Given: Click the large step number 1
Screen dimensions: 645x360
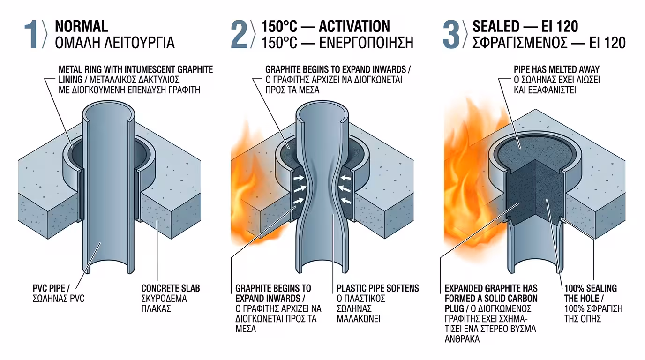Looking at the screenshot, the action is (30, 34).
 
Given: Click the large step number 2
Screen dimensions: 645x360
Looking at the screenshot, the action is (239, 34).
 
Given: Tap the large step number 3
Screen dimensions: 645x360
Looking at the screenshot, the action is (451, 34).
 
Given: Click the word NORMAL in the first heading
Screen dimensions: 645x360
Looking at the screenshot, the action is (82, 26).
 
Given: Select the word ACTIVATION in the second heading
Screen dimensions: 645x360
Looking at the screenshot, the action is (354, 26).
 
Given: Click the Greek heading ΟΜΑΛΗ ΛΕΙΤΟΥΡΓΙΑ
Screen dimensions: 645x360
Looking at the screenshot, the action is (114, 43).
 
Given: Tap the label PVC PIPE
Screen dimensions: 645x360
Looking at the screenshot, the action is (51, 288).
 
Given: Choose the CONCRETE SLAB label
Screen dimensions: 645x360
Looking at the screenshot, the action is (171, 288).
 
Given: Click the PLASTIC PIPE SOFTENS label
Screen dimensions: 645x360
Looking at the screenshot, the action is (378, 288).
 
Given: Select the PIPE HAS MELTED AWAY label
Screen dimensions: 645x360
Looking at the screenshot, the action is (556, 69).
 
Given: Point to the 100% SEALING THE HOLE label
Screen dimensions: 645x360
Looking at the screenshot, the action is (591, 293).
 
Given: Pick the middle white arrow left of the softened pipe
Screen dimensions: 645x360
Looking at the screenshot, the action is (299, 188).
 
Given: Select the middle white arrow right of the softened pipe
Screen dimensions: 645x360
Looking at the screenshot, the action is (345, 188).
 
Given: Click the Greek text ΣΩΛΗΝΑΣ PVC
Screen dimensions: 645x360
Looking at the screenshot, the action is (59, 299).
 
